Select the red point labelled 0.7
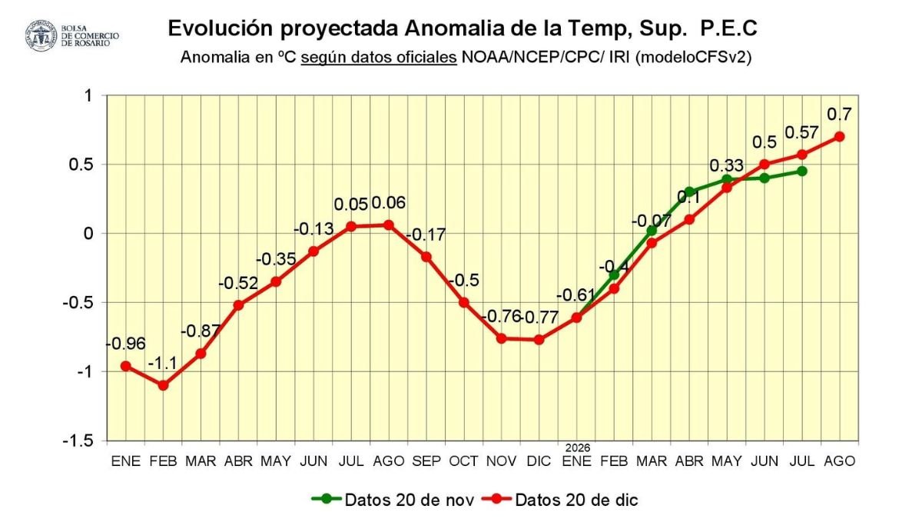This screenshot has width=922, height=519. (x=840, y=136)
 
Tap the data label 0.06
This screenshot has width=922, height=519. (x=389, y=204)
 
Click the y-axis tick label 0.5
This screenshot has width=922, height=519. (x=78, y=165)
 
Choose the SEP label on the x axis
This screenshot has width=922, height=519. (x=426, y=461)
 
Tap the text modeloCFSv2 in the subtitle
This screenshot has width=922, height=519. (x=703, y=58)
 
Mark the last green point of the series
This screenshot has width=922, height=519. (x=802, y=171)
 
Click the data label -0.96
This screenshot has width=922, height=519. (x=125, y=344)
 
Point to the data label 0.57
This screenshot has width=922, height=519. (x=802, y=133)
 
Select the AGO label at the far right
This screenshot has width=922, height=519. (x=840, y=461)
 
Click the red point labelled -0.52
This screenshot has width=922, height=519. (x=238, y=305)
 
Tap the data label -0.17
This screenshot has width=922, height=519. (x=425, y=235)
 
